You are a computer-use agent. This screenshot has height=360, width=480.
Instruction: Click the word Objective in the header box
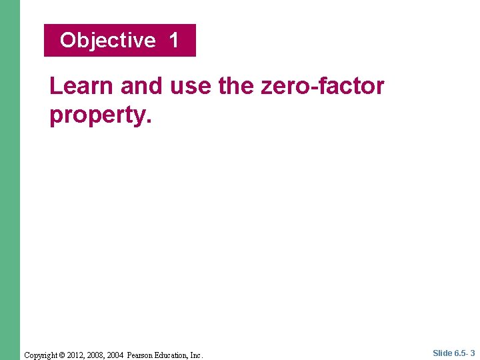[107, 41]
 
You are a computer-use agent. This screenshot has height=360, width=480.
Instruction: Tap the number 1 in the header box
[174, 41]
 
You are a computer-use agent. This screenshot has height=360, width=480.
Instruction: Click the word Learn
[81, 86]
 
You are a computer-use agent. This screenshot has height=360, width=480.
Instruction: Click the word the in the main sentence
[233, 86]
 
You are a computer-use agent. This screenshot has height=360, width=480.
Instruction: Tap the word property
[101, 115]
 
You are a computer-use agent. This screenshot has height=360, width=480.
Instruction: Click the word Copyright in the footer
[41, 355]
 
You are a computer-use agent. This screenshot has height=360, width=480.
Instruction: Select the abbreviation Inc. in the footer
[196, 355]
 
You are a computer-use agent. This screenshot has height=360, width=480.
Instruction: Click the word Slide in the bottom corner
[442, 353]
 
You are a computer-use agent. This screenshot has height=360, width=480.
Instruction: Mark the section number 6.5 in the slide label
[460, 353]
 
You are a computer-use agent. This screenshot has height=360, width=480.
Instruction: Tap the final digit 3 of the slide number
[472, 353]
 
